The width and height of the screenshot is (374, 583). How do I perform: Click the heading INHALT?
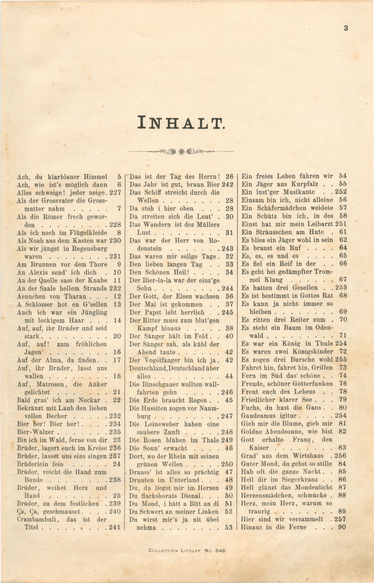181,122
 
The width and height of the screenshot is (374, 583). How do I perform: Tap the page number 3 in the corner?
346,28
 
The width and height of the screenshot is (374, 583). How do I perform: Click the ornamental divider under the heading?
181,151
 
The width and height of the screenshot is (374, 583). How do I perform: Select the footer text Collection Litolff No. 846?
187,551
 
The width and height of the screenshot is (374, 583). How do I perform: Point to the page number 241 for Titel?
115,527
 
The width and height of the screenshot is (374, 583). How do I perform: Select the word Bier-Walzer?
35,432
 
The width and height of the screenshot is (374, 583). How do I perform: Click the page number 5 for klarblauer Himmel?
119,177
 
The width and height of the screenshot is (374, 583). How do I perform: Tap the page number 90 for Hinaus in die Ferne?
342,527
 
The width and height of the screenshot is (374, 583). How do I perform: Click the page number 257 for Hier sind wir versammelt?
340,519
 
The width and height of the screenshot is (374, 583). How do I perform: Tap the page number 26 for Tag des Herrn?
229,177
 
